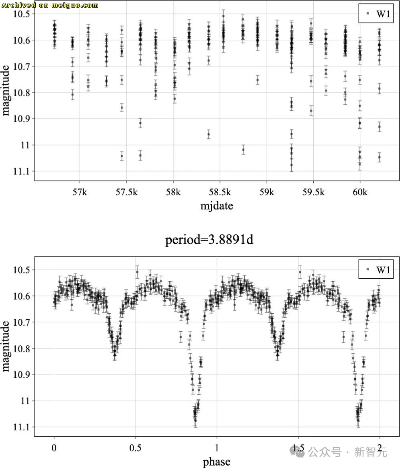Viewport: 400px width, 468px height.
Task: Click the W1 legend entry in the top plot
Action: coord(379,14)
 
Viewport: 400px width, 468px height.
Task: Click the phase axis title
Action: coord(217,462)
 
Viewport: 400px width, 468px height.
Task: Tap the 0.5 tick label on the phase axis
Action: coord(135,448)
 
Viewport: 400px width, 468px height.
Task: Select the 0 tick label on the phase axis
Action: coord(54,448)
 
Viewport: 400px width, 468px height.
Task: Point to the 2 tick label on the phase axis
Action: coord(380,448)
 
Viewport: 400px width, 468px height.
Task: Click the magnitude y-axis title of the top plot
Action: coord(6,92)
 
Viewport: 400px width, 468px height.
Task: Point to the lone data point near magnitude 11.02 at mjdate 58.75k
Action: coord(243,150)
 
